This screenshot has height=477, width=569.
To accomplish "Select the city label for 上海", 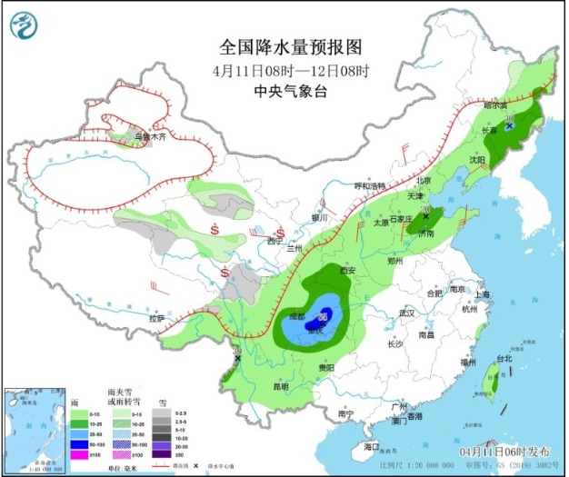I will click(x=482, y=294).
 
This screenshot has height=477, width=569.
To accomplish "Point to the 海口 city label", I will click(x=371, y=447).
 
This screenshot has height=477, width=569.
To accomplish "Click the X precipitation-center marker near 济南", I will click(x=424, y=216).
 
